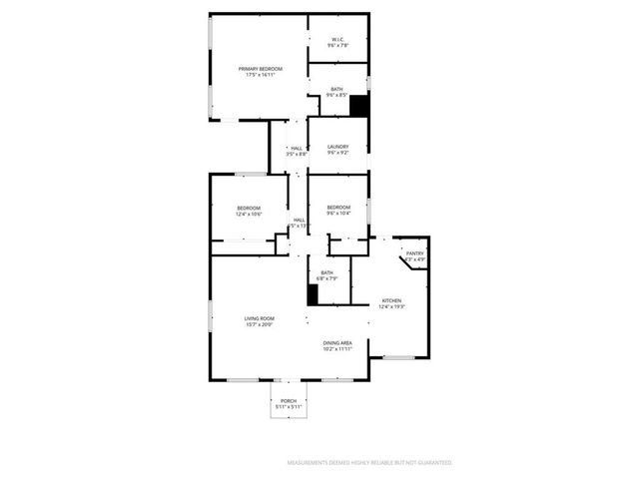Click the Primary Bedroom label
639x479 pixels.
tap(260, 68)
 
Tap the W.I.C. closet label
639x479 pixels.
tap(337, 40)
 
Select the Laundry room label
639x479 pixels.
tap(337, 147)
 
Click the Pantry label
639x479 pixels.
tap(415, 253)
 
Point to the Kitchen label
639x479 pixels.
tap(391, 300)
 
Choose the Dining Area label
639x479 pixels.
tap(337, 342)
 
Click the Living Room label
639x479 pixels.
tap(260, 318)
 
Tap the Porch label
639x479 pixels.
tap(289, 401)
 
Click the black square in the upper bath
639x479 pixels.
tap(359, 106)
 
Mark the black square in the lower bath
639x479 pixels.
tap(313, 295)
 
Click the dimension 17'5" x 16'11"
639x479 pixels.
tap(260, 75)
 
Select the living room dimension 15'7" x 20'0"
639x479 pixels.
tap(260, 325)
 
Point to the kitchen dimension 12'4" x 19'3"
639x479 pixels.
tap(391, 307)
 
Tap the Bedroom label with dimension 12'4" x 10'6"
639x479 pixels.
tap(249, 208)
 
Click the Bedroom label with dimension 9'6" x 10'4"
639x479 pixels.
tap(337, 207)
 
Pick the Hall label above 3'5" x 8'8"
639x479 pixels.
tap(297, 148)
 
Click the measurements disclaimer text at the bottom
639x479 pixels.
tap(370, 463)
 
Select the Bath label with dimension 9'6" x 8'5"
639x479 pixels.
tap(337, 89)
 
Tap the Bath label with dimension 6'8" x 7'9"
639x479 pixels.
tap(327, 272)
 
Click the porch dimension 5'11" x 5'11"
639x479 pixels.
tap(289, 407)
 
